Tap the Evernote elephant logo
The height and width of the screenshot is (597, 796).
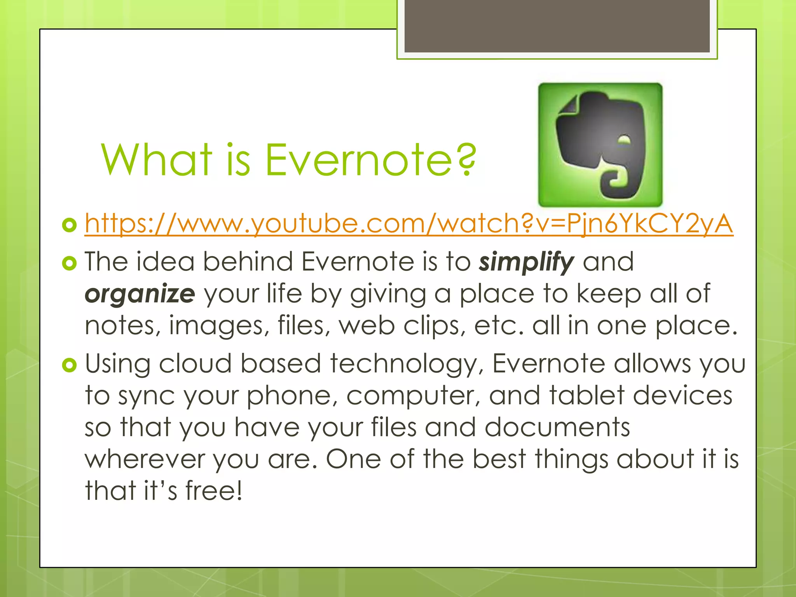pyautogui.click(x=600, y=145)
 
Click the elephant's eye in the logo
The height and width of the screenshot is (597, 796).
pyautogui.click(x=624, y=140)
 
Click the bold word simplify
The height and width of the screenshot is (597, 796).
pyautogui.click(x=526, y=262)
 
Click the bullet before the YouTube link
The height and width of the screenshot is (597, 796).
pyautogui.click(x=70, y=225)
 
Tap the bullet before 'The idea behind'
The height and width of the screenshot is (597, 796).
pyautogui.click(x=70, y=263)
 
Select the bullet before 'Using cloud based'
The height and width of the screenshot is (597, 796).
pyautogui.click(x=70, y=365)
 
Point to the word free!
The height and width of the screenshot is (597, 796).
pyautogui.click(x=214, y=491)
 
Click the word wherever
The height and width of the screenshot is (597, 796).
pyautogui.click(x=145, y=459)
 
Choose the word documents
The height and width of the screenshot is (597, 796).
pyautogui.click(x=557, y=427)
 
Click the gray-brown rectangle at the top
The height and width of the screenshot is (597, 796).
pyautogui.click(x=557, y=26)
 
